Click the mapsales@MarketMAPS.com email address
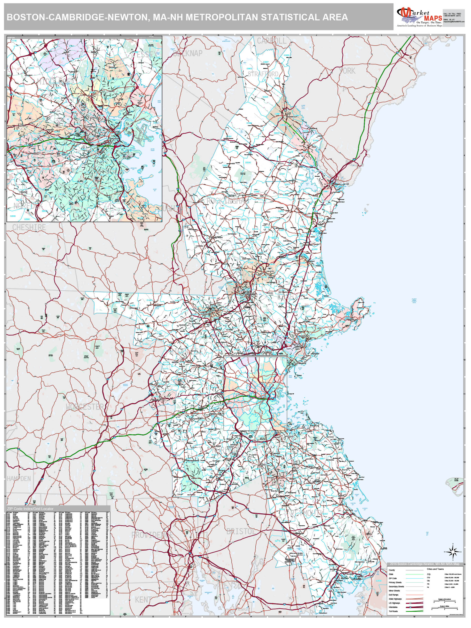[454, 22]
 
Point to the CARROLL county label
[272, 41]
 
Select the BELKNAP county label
[188, 53]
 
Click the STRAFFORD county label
[263, 74]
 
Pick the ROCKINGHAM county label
[228, 201]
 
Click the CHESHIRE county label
[29, 227]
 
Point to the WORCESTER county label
[85, 407]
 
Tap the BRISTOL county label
[241, 531]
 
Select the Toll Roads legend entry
[393, 611]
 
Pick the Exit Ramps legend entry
[393, 595]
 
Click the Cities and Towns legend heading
[435, 569]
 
